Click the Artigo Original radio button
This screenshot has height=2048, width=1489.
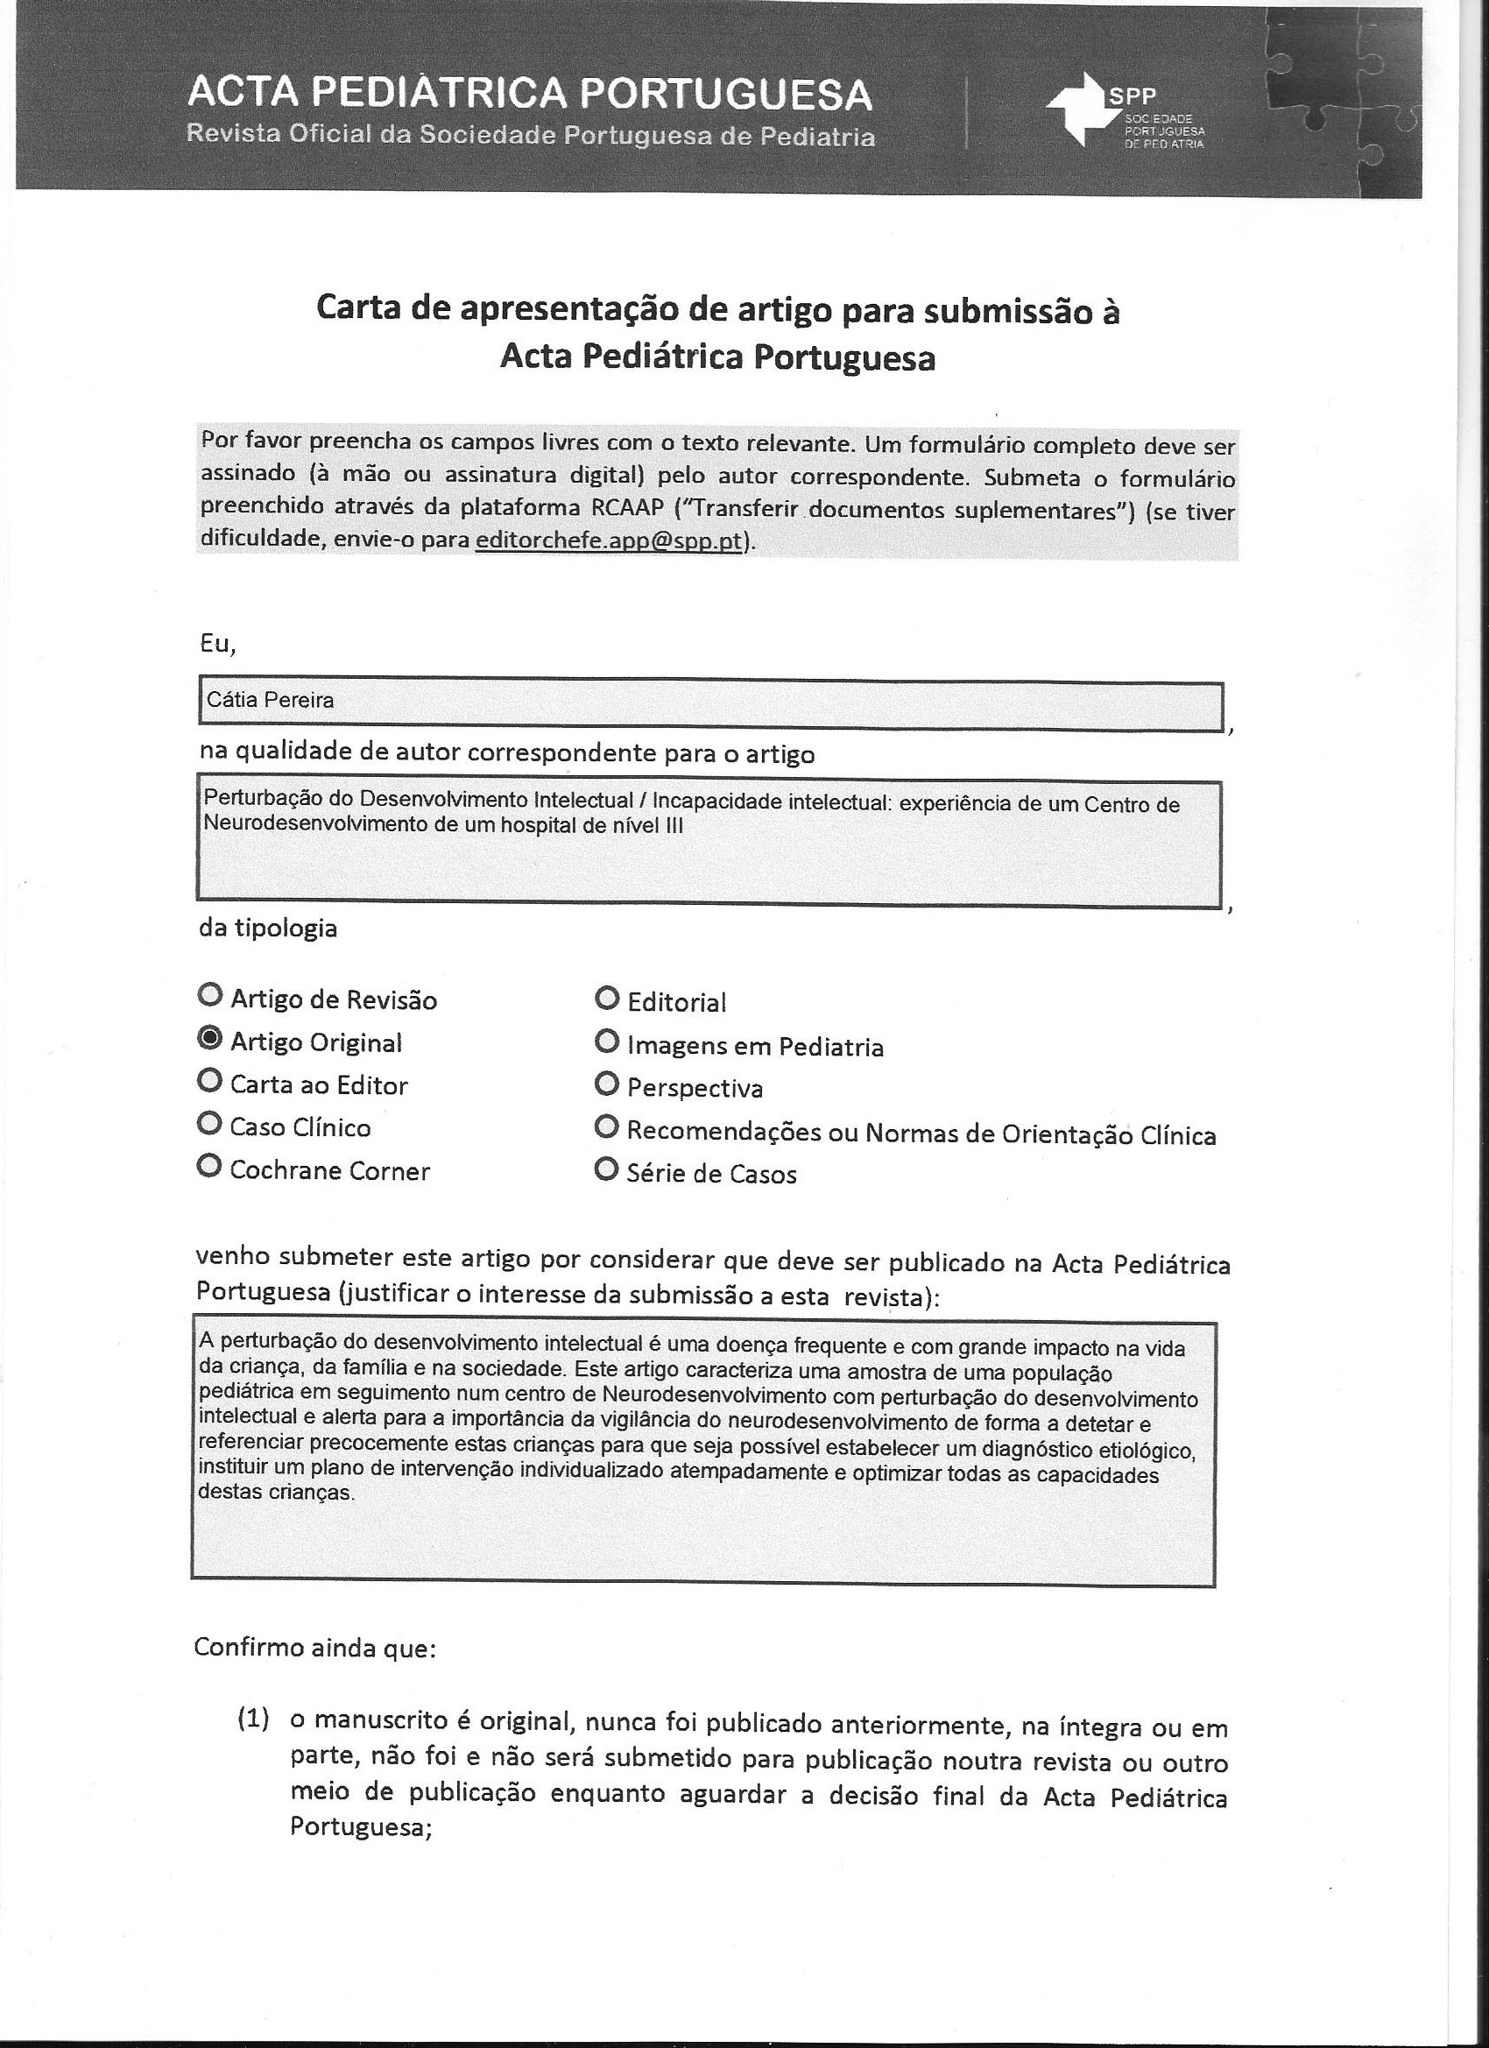click(209, 1040)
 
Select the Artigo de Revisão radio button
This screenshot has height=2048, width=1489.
click(209, 996)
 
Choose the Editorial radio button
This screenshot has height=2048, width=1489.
click(607, 999)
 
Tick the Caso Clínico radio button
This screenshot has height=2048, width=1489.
click(209, 1124)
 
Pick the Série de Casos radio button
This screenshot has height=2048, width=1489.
click(607, 1171)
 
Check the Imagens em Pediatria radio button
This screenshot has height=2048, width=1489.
click(607, 1042)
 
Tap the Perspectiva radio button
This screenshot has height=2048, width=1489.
click(607, 1084)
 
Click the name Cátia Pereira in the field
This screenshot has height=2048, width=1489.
click(270, 700)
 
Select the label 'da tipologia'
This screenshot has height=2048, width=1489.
click(268, 929)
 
